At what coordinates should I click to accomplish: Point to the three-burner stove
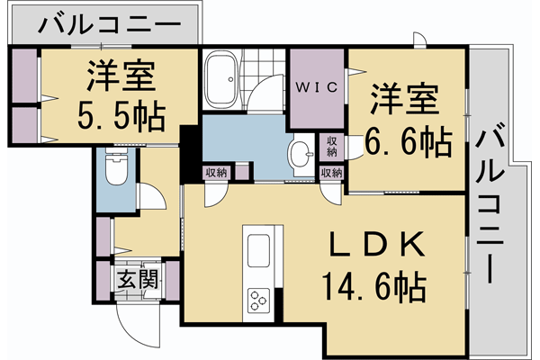click(259, 298)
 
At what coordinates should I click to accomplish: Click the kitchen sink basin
click(258, 249)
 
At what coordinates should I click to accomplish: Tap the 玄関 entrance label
click(136, 279)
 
